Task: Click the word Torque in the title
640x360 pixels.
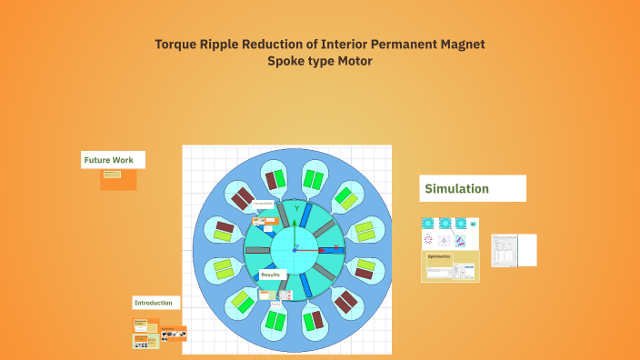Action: pos(175,44)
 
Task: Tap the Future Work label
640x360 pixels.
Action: pos(109,160)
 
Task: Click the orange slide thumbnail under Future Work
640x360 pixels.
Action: pos(118,179)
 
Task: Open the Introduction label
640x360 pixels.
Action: pos(155,303)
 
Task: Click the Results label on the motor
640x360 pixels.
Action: pos(271,274)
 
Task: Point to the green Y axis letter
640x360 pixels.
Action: pos(296,209)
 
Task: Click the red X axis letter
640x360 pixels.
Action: pos(335,246)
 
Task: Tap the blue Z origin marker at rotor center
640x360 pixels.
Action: pos(295,249)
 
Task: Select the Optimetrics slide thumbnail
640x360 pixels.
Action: pos(450,266)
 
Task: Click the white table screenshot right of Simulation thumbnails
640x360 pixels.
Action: pos(514,250)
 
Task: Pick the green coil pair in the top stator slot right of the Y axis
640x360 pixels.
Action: pos(314,177)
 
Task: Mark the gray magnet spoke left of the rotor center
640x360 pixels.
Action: pos(258,250)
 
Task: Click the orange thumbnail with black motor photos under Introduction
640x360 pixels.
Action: pos(174,334)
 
